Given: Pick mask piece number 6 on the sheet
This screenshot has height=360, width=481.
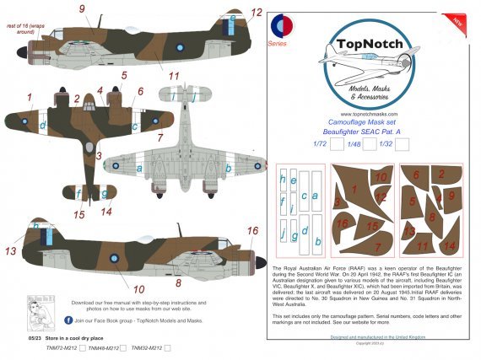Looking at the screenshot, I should (x=415, y=176).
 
